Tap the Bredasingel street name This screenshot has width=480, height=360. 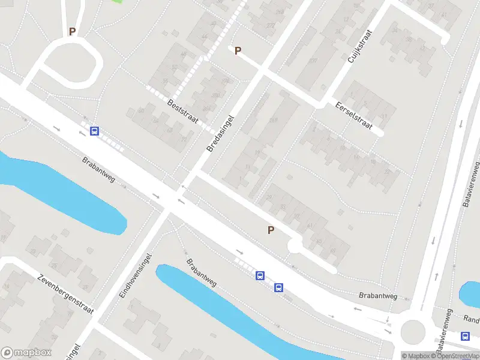pyautogui.click(x=220, y=133)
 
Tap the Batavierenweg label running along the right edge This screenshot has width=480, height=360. pyautogui.click(x=471, y=184)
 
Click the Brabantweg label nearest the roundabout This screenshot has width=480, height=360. pyautogui.click(x=378, y=296)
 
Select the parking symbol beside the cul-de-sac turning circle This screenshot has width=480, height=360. pyautogui.click(x=271, y=230)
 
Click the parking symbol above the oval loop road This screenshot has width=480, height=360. pyautogui.click(x=72, y=32)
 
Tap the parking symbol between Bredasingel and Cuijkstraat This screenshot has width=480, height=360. pyautogui.click(x=238, y=51)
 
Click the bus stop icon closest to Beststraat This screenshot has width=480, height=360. pyautogui.click(x=94, y=131)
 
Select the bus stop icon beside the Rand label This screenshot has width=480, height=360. pyautogui.click(x=466, y=336)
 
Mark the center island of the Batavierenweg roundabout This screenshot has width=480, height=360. pyautogui.click(x=413, y=330)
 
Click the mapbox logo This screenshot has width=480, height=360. pyautogui.click(x=26, y=353)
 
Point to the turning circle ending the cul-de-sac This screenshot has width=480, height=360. pyautogui.click(x=295, y=246)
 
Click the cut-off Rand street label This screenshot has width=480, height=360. pyautogui.click(x=472, y=319)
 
